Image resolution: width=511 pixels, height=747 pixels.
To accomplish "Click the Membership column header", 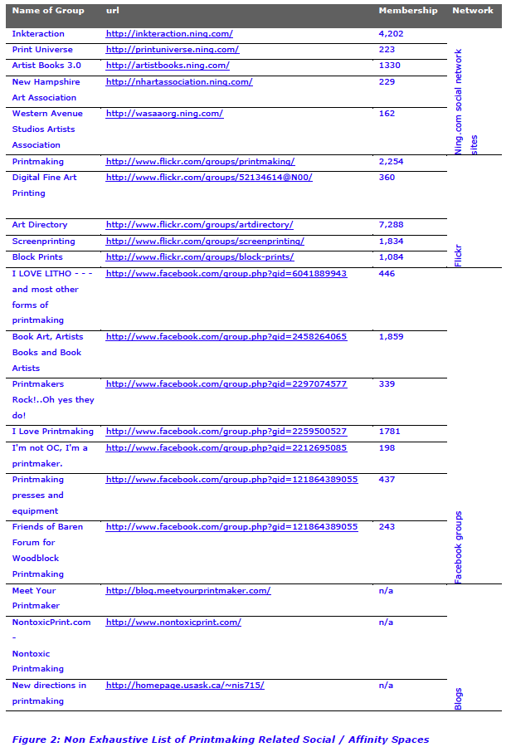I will [x=407, y=11].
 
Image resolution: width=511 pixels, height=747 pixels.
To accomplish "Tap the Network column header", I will [x=472, y=11].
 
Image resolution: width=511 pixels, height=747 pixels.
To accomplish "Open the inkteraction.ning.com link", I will [x=168, y=34].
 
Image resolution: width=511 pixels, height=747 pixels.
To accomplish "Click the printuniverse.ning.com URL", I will [x=172, y=50].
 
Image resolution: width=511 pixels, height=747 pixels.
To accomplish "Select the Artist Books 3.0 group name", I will [x=46, y=66].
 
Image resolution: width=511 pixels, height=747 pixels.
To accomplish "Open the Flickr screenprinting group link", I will [x=204, y=242].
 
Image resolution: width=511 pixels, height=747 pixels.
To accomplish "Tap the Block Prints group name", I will [x=37, y=257].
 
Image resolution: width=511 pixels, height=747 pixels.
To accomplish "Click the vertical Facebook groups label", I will [x=458, y=547].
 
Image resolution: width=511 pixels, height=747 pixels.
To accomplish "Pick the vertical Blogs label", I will [x=458, y=699].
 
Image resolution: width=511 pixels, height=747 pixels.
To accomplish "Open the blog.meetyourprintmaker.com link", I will [x=187, y=591].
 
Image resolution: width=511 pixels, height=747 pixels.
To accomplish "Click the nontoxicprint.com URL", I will [x=173, y=622].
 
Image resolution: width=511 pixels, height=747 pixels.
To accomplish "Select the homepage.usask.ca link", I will [x=184, y=686].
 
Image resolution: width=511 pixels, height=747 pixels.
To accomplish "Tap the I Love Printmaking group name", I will [x=52, y=432].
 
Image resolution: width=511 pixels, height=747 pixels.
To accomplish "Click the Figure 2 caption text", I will [x=220, y=740].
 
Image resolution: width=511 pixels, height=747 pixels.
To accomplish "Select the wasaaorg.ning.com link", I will [x=164, y=114].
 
